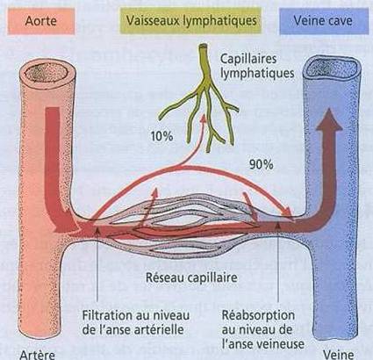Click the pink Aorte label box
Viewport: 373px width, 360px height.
click(x=41, y=21)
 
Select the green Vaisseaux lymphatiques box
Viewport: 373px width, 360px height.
click(x=191, y=20)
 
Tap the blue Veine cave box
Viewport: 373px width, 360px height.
click(x=324, y=21)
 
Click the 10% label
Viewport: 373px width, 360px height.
click(x=161, y=136)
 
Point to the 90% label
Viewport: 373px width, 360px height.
click(x=262, y=165)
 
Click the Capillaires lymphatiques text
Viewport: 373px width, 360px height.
click(x=257, y=66)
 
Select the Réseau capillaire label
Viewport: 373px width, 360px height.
click(x=191, y=277)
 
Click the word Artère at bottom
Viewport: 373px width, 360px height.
click(x=37, y=355)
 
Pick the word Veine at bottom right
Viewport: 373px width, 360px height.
click(x=339, y=355)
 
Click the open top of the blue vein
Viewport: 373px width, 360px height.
click(x=333, y=68)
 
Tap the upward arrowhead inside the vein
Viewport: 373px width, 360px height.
click(x=329, y=119)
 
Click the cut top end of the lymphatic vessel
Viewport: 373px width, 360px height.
click(x=203, y=46)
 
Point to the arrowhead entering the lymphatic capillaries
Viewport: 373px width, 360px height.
click(x=204, y=118)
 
